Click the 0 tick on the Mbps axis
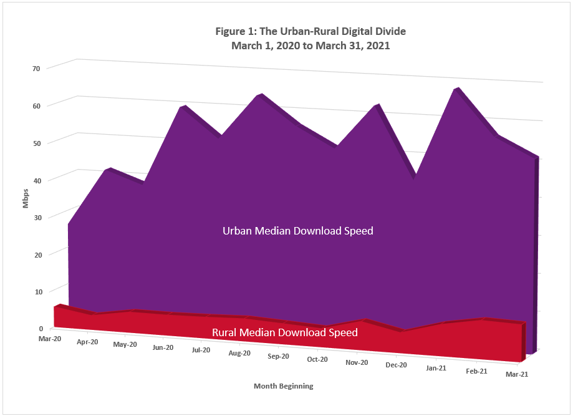coord(41,328)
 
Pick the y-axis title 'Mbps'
coord(26,198)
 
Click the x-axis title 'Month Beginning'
coord(283,386)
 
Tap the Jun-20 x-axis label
coord(163,348)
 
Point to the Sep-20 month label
coord(278,357)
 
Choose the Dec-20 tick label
coord(396,365)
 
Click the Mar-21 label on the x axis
coord(516,374)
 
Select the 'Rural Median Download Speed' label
coord(285,332)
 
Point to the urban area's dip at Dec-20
coord(413,177)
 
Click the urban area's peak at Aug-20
coord(259,96)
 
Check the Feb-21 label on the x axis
coord(476,371)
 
